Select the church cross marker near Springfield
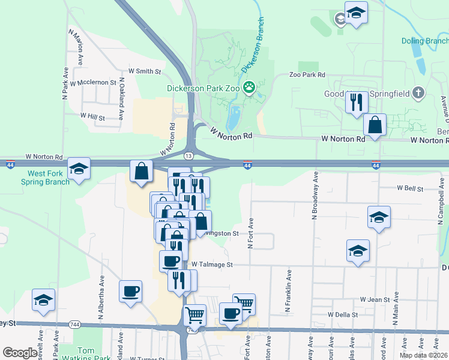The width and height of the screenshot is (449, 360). tap(419, 93)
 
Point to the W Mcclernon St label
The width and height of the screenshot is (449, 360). tap(92, 82)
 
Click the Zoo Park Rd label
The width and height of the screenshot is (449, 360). tap(307, 75)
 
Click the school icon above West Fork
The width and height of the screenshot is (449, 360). tap(79, 169)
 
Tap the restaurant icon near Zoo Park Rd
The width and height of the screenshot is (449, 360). tap(357, 102)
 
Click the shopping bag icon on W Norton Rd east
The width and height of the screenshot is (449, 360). tap(375, 126)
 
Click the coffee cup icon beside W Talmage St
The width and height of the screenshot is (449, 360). tap(170, 261)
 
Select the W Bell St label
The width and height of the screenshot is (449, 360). tap(411, 188)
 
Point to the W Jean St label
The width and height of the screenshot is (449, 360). tap(375, 298)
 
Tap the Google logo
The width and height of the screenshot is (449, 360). tap(20, 353)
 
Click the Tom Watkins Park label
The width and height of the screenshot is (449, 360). tap(86, 354)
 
